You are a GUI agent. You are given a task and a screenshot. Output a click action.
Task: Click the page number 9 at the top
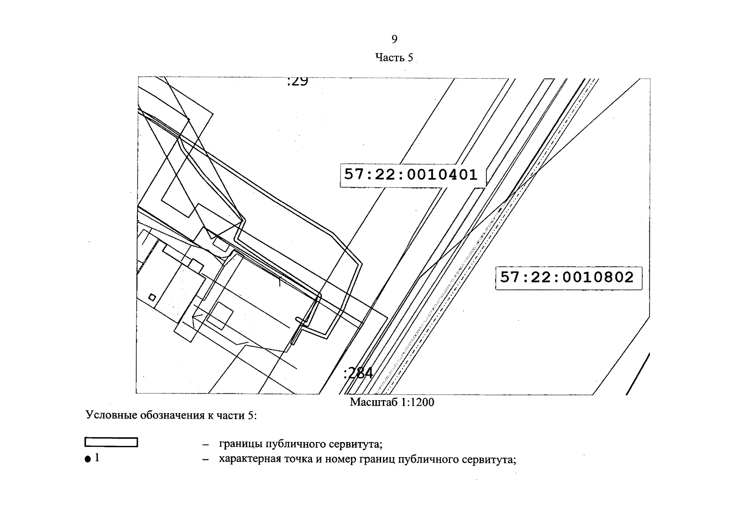(394, 39)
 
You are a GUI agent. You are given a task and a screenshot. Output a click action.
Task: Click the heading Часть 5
(394, 57)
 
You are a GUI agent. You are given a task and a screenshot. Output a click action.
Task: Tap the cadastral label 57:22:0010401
(411, 174)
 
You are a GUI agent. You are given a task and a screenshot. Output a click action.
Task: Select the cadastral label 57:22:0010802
(567, 277)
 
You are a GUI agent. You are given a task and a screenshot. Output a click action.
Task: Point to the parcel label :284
(358, 373)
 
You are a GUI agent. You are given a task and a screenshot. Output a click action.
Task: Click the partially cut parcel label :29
(298, 81)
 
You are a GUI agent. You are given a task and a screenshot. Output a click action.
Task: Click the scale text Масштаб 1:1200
(392, 402)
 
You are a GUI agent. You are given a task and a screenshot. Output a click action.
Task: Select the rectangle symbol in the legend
(111, 442)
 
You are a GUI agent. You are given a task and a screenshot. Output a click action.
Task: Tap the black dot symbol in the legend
(88, 459)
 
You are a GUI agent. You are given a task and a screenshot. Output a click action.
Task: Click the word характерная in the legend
(250, 459)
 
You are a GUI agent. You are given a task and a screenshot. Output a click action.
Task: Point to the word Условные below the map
(111, 415)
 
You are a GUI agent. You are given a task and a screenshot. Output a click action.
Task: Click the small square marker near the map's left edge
(152, 297)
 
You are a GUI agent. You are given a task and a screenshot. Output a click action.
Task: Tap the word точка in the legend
(298, 459)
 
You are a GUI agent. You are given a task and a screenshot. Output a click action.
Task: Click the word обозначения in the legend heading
(172, 415)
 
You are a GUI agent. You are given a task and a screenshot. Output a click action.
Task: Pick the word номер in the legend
(341, 459)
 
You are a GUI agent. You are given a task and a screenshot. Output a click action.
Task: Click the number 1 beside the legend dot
(97, 458)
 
